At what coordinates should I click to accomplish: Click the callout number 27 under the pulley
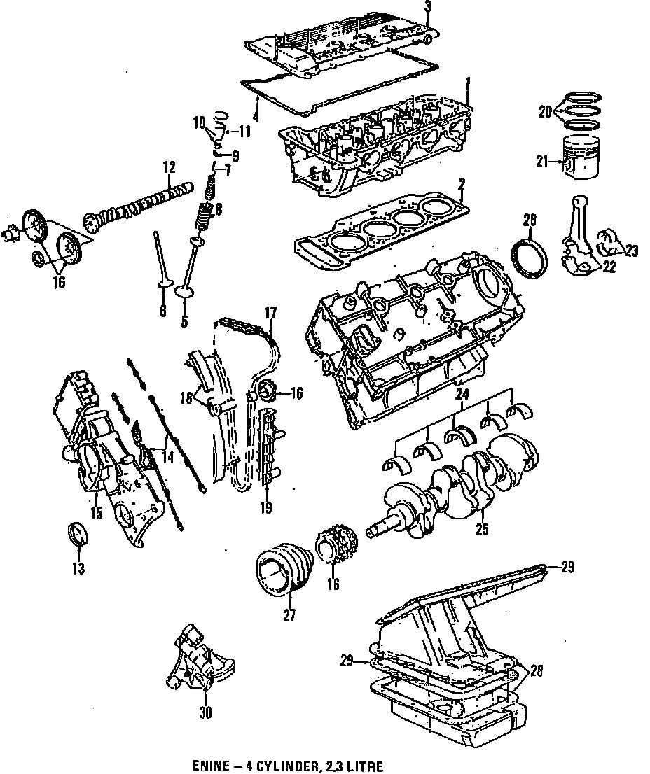[289, 616]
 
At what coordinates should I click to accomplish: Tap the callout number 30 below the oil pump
[205, 714]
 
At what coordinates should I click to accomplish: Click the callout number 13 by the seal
[78, 569]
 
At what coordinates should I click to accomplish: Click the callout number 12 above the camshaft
[168, 167]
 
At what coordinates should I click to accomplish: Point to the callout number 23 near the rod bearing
[632, 251]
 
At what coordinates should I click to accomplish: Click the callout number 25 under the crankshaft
[482, 530]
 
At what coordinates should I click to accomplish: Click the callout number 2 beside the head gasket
[462, 185]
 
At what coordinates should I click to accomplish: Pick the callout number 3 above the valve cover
[428, 8]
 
